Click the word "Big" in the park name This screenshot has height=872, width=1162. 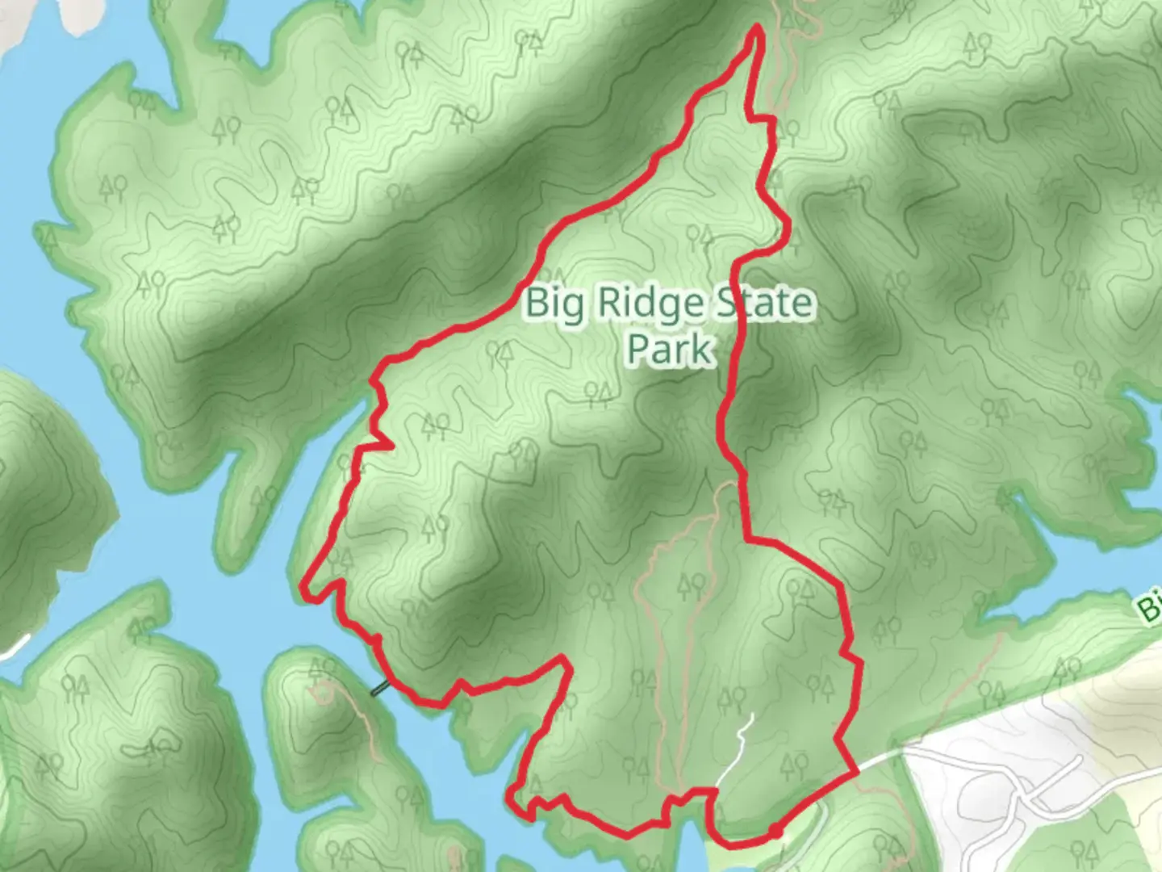553,304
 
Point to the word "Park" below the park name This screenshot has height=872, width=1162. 670,349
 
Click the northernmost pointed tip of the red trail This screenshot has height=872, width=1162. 757,28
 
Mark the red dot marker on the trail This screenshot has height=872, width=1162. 774,832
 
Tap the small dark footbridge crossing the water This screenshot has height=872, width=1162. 379,689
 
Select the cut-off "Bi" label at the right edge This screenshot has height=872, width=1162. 1149,607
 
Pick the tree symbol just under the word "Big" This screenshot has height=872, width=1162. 503,352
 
